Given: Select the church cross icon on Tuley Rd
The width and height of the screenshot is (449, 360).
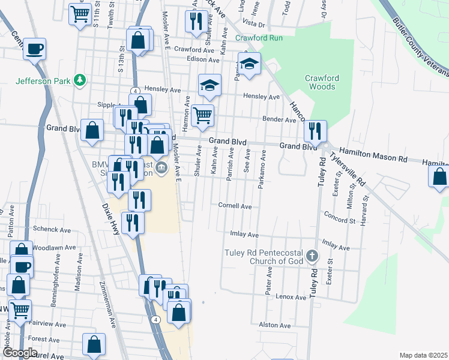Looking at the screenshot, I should [x=311, y=257].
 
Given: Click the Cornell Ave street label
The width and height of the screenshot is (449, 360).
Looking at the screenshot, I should [x=235, y=206].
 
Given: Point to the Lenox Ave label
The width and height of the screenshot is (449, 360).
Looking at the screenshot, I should [x=291, y=297].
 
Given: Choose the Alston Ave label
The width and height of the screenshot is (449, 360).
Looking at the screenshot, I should [x=275, y=325].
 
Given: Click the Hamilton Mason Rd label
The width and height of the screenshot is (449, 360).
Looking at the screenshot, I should [x=373, y=155].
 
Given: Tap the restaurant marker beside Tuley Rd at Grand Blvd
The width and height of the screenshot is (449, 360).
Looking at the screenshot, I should [x=315, y=131].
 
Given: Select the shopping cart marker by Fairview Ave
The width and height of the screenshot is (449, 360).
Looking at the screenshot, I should [x=20, y=311].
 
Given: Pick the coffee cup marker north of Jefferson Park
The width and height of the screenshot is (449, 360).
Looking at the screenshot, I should [x=35, y=49].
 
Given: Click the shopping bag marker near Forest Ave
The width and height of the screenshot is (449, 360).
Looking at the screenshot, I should [x=94, y=344].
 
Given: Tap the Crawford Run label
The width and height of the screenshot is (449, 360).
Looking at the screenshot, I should [x=259, y=38].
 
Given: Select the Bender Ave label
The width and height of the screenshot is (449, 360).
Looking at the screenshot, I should [x=279, y=120].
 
